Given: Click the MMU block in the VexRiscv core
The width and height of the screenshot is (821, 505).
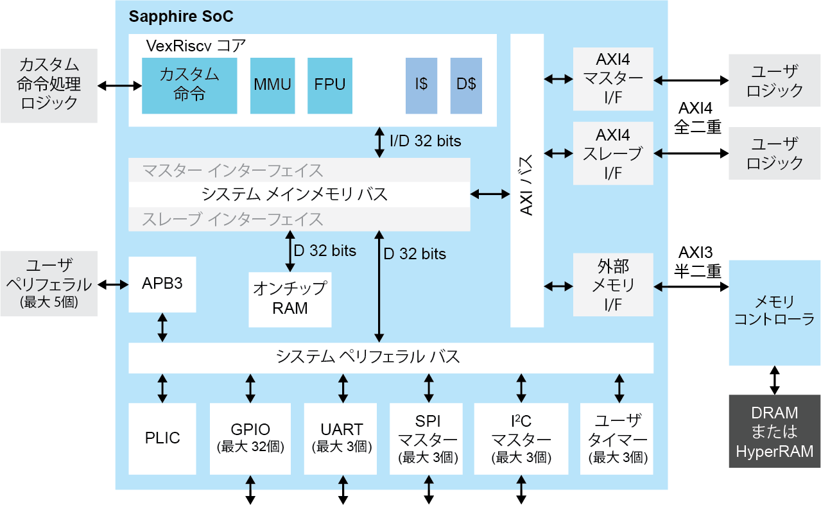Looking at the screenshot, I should [x=272, y=85].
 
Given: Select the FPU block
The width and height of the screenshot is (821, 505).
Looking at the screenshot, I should [x=330, y=85].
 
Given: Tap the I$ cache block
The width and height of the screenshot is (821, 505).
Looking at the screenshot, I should [x=421, y=85].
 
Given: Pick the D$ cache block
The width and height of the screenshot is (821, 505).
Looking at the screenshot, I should [x=466, y=85].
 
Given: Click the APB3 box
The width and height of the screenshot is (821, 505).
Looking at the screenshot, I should [x=162, y=284].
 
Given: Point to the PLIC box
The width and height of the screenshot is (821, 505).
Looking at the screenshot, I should [x=162, y=438].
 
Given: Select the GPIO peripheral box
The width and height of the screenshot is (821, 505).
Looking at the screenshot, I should [x=250, y=438].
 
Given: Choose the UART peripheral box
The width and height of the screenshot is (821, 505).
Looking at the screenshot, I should [x=341, y=438].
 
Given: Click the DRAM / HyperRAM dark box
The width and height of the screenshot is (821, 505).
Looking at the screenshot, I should [x=774, y=432].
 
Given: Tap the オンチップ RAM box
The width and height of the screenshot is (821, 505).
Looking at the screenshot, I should [x=290, y=299].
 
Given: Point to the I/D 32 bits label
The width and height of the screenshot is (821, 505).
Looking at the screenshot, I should [x=426, y=141].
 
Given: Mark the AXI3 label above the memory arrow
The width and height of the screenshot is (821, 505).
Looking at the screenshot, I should [x=696, y=252].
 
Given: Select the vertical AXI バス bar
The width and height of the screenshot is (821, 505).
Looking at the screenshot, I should [x=527, y=180].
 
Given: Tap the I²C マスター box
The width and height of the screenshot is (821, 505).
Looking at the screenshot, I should [x=521, y=438].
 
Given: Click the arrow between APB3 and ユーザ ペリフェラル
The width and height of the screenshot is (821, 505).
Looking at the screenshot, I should [x=113, y=284].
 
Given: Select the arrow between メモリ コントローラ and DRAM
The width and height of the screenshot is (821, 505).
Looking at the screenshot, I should [x=774, y=380].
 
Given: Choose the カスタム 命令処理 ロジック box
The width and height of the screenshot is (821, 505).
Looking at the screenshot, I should [x=49, y=85].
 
